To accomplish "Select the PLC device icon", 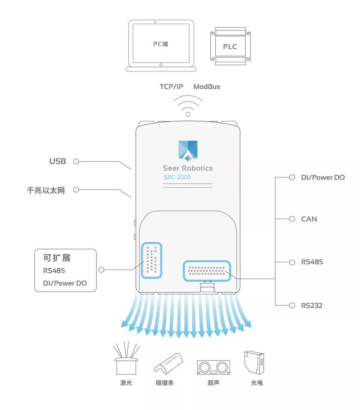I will point(230,46).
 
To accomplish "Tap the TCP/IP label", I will point(171,87).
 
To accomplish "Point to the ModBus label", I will point(207,87).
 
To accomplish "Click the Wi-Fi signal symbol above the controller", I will point(188,106).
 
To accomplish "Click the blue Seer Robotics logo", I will point(188,150).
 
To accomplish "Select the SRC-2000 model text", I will point(177,177).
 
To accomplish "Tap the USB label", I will point(57,161).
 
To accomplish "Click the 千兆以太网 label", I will point(46,190).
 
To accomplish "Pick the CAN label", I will point(309,219).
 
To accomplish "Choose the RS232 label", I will point(312,305).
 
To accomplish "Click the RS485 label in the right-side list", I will point(312,262).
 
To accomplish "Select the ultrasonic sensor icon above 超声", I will point(213,367).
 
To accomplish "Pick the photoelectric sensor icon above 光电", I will point(254,363).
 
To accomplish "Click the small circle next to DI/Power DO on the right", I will point(292,177).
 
